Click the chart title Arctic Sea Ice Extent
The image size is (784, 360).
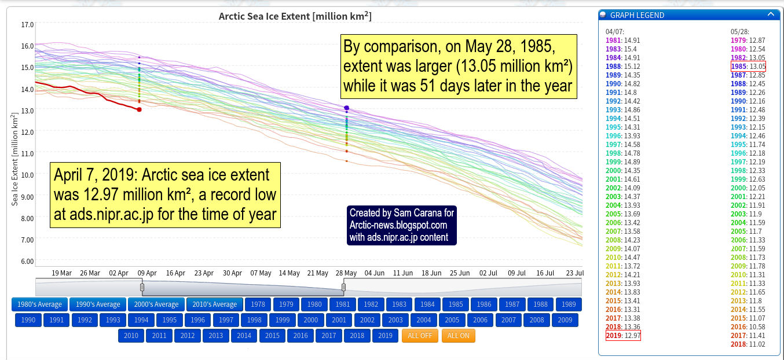pyautogui.click(x=295, y=16)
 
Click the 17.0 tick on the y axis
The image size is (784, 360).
pyautogui.click(x=27, y=25)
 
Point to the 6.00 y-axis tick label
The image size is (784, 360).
pyautogui.click(x=27, y=261)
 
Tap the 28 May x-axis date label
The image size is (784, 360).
pyautogui.click(x=346, y=273)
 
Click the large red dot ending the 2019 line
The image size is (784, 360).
pyautogui.click(x=139, y=109)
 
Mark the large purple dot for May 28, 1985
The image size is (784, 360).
pyautogui.click(x=346, y=108)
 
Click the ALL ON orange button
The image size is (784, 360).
pyautogui.click(x=458, y=336)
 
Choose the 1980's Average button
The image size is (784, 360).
pyautogui.click(x=39, y=304)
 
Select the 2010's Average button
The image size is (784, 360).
pyautogui.click(x=214, y=304)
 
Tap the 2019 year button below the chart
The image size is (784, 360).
pyautogui.click(x=385, y=336)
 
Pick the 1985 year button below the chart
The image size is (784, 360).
pyautogui.click(x=456, y=304)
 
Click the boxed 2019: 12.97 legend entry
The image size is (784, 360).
pyautogui.click(x=623, y=336)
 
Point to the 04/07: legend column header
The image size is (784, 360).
pyautogui.click(x=615, y=31)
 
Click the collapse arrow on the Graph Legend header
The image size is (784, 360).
pyautogui.click(x=770, y=14)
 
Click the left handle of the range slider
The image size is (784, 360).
pyautogui.click(x=142, y=287)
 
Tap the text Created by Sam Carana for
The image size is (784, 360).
pyautogui.click(x=402, y=213)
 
